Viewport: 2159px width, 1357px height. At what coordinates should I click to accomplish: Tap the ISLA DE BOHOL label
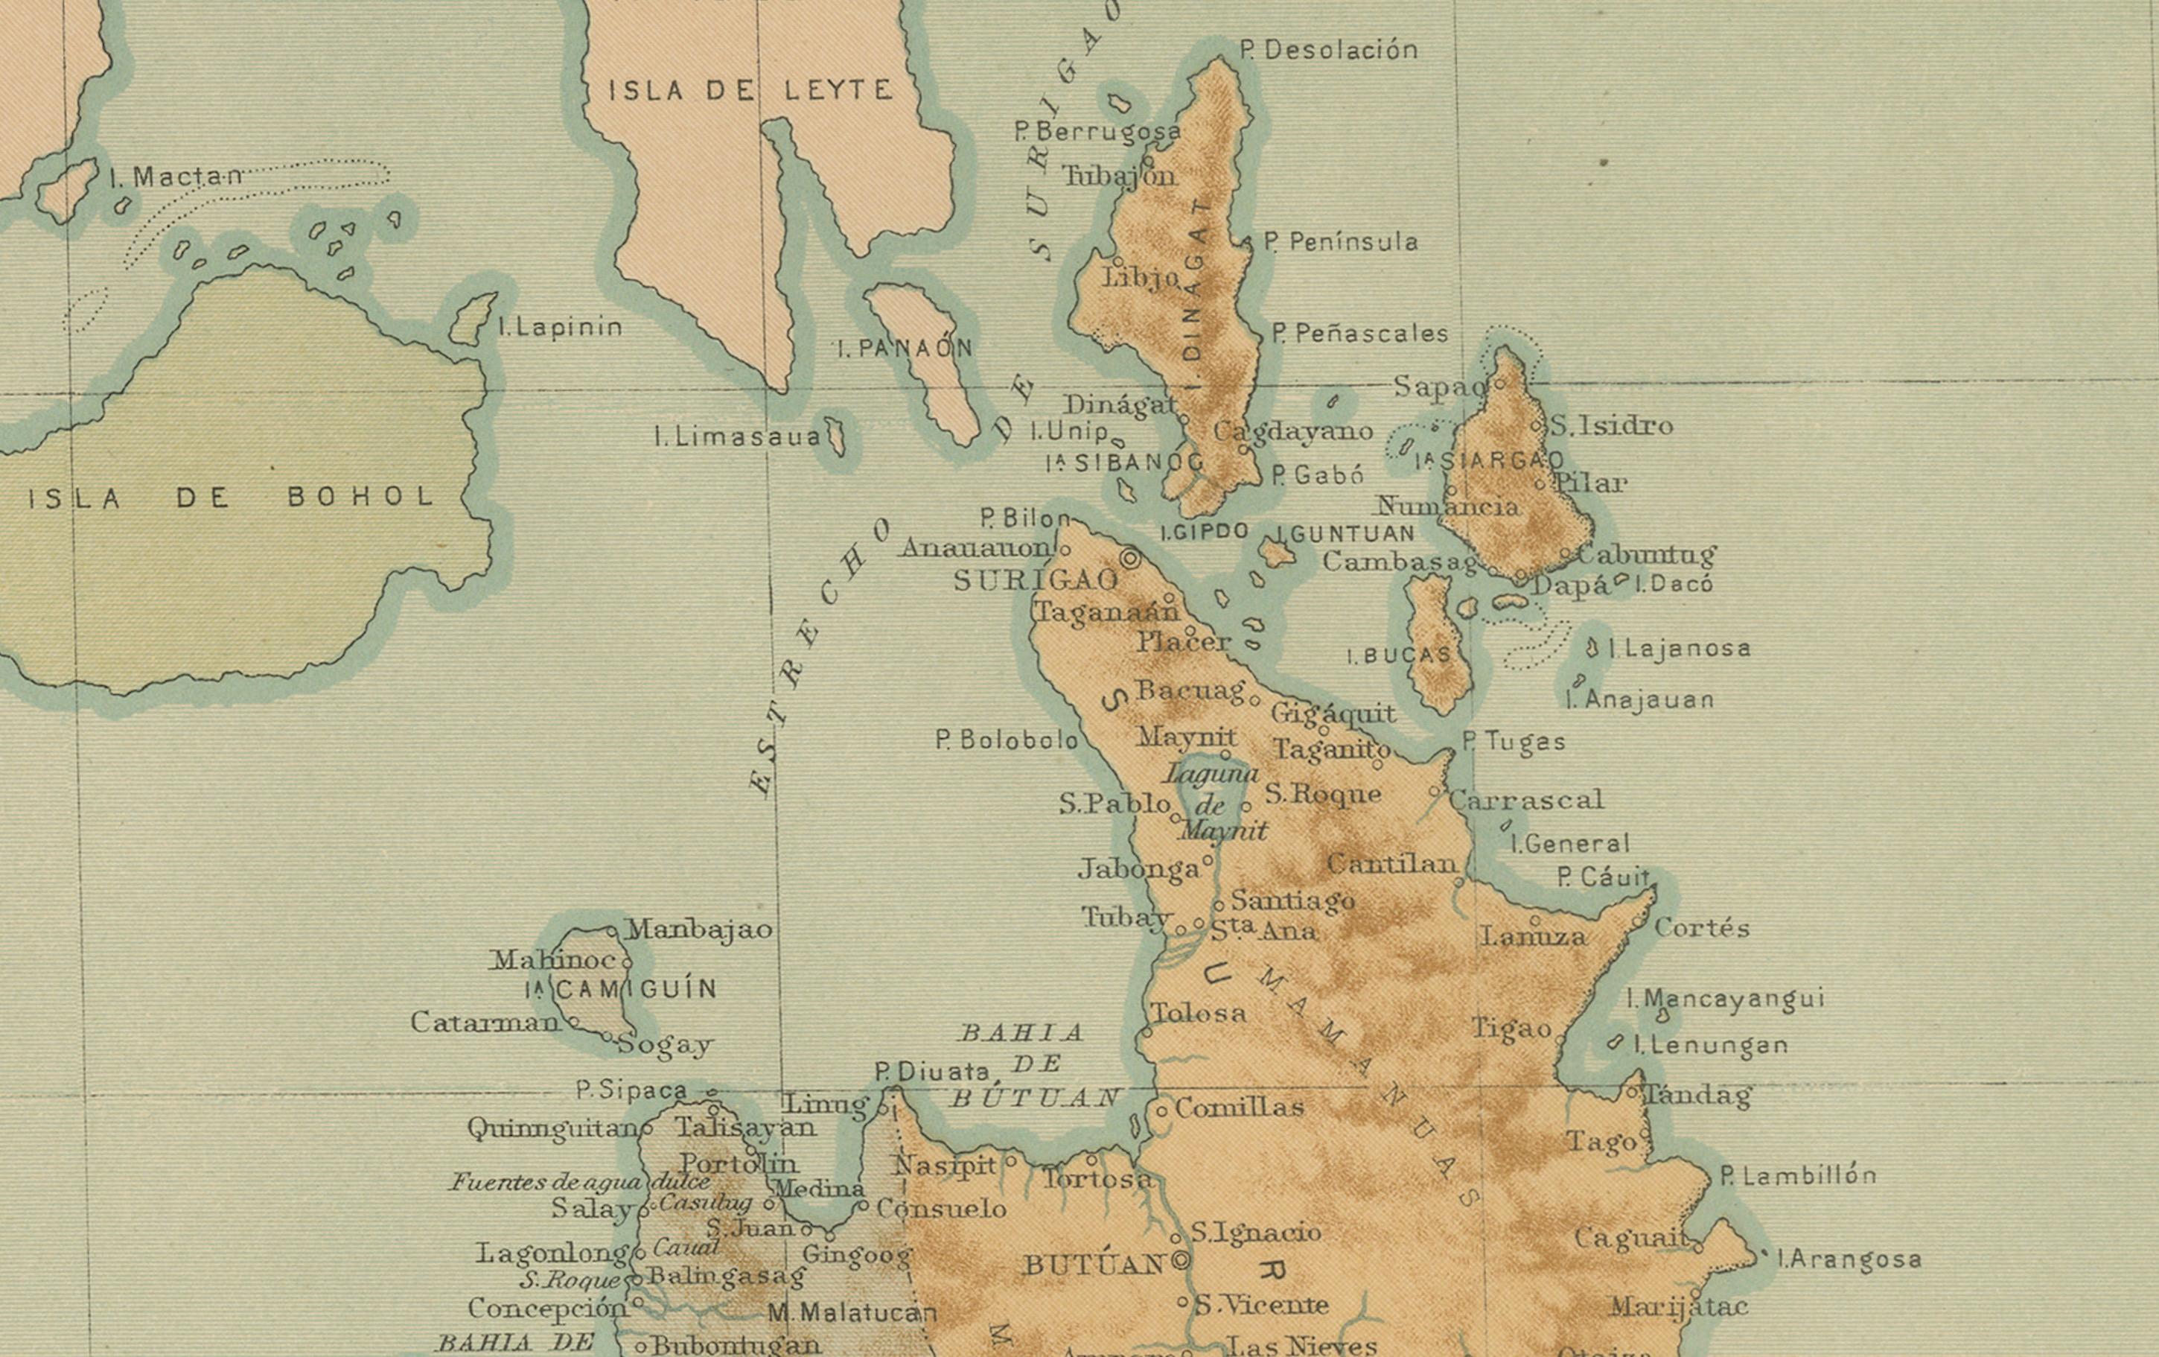click(x=232, y=498)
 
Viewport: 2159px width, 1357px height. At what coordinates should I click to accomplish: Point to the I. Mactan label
click(x=176, y=177)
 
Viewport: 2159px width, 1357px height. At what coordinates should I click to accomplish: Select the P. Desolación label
click(x=1329, y=50)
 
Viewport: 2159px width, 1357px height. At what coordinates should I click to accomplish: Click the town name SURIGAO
click(x=1036, y=581)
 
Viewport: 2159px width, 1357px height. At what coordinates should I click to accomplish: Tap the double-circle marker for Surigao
click(x=1131, y=558)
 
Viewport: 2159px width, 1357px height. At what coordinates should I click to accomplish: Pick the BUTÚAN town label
click(x=1094, y=1265)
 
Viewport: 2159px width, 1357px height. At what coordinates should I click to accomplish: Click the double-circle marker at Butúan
click(x=1181, y=1261)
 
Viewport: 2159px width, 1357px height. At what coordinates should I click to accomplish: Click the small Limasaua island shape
click(x=835, y=436)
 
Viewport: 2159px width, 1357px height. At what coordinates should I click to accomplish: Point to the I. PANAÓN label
click(x=905, y=348)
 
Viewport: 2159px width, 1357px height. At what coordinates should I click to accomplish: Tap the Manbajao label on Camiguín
click(x=698, y=929)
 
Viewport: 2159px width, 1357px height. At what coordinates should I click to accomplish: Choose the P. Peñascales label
click(x=1359, y=334)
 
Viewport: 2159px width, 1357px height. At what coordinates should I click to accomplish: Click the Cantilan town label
click(x=1391, y=864)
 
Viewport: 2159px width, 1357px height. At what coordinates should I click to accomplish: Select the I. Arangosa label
click(x=1849, y=1259)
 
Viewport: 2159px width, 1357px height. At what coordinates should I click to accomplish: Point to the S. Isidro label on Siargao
click(x=1612, y=425)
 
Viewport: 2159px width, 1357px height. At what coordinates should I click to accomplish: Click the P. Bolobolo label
click(x=1006, y=740)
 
